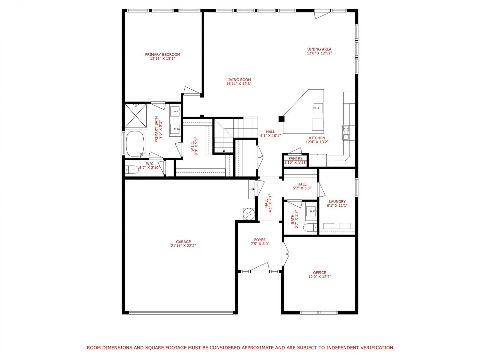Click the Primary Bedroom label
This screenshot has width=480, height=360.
(163, 54)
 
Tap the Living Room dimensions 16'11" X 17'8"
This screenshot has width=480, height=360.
(239, 84)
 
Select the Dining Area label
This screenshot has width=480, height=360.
(319, 49)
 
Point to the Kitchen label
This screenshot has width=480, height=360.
(317, 138)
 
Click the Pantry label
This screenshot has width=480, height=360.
(295, 158)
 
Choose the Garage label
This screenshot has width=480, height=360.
(183, 242)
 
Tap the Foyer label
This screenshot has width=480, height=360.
(260, 240)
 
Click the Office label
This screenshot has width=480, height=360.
(319, 273)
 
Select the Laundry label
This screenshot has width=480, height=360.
(337, 202)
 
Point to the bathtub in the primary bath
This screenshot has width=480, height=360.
(135, 144)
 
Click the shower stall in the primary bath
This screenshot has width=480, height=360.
(136, 116)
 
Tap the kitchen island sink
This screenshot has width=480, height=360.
(318, 108)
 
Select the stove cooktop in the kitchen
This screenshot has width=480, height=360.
(346, 133)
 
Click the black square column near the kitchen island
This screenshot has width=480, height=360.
(281, 119)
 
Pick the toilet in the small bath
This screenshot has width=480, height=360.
(310, 227)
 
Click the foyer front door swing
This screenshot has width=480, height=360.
(260, 267)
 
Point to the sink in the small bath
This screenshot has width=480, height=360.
(311, 211)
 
